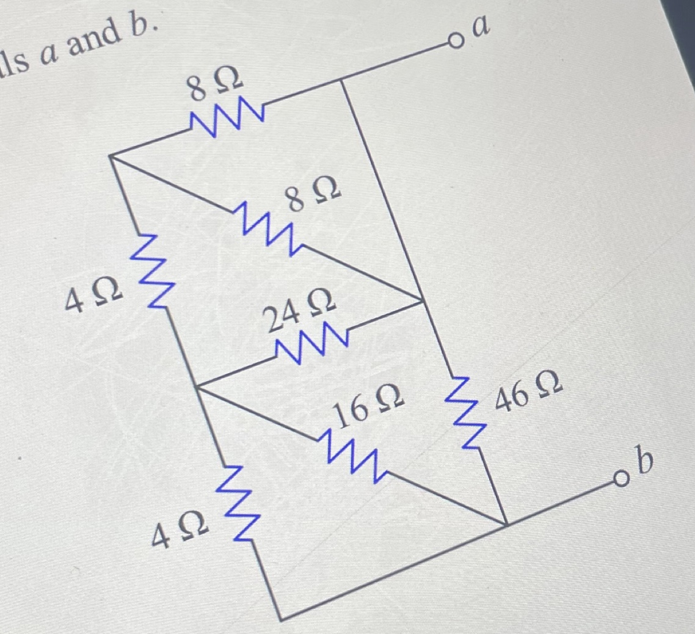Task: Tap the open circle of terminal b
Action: (621, 478)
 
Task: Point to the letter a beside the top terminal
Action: (482, 26)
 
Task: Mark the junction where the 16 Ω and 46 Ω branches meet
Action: (506, 523)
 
